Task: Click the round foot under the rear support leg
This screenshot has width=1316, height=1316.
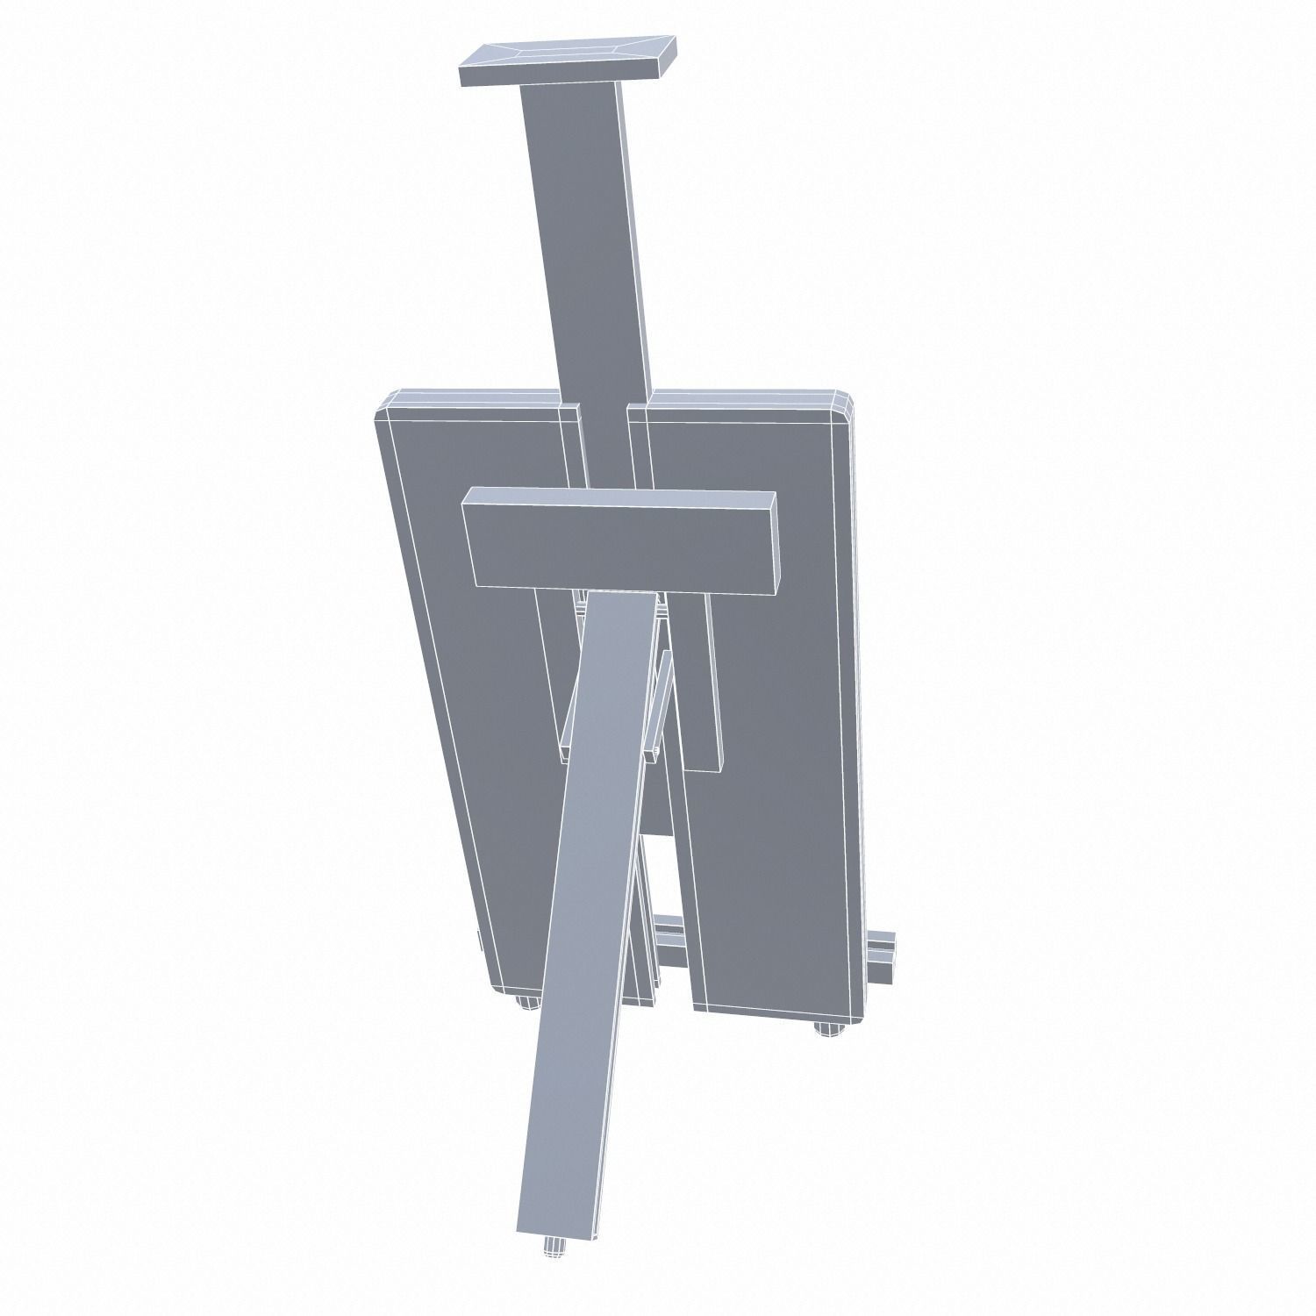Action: tap(554, 1222)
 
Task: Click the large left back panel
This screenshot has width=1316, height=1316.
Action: tap(465, 684)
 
